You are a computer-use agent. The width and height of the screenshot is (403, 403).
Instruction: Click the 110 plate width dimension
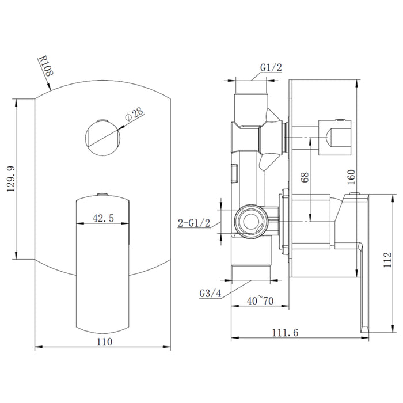[x=104, y=341]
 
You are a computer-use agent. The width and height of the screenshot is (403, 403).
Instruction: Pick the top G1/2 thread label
[x=271, y=67]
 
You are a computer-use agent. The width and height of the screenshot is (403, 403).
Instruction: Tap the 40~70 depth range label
[x=261, y=300]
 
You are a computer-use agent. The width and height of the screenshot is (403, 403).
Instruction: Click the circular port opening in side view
[x=251, y=220]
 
